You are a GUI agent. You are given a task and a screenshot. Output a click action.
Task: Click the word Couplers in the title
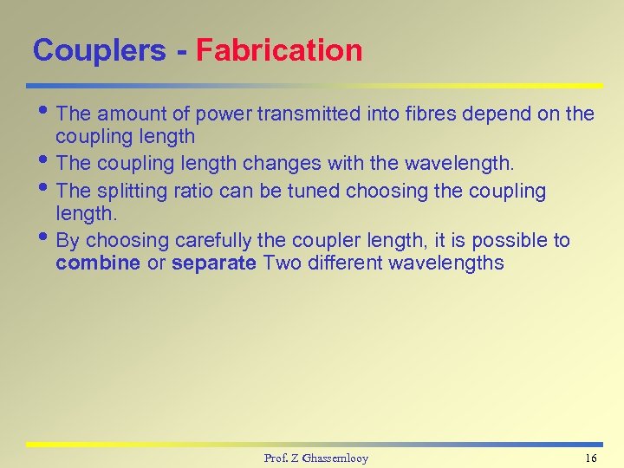pos(99,50)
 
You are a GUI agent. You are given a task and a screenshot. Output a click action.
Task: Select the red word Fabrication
pos(279,50)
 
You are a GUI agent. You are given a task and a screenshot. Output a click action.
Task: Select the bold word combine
pos(98,263)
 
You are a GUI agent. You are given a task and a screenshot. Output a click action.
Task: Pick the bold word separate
pos(214,263)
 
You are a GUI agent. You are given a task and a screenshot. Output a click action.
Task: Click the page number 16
pos(591,458)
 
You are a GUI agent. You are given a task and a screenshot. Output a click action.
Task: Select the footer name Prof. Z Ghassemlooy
pos(315,458)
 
